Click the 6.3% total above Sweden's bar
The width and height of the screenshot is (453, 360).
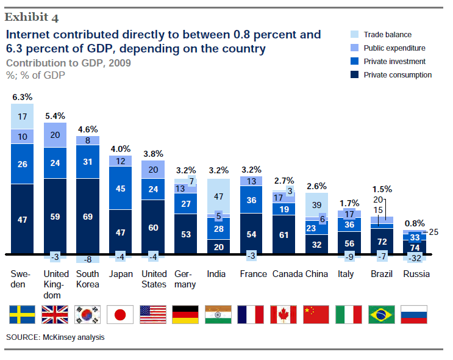pyautogui.click(x=22, y=97)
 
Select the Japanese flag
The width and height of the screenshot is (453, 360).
pyautogui.click(x=120, y=314)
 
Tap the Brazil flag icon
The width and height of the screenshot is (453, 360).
pyautogui.click(x=382, y=314)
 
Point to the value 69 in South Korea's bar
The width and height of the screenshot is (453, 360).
pyautogui.click(x=87, y=217)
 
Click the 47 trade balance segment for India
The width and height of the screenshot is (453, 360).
pyautogui.click(x=218, y=196)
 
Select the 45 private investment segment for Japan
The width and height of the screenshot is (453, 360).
pyautogui.click(x=120, y=189)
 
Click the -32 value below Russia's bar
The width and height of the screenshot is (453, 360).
pyautogui.click(x=415, y=258)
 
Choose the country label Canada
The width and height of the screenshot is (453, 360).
pyautogui.click(x=284, y=274)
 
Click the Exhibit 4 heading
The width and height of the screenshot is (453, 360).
pyautogui.click(x=33, y=16)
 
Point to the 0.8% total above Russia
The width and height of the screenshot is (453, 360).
pyautogui.click(x=415, y=224)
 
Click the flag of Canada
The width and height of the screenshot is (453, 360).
pyautogui.click(x=284, y=314)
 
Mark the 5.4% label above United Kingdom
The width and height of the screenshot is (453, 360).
pyautogui.click(x=55, y=115)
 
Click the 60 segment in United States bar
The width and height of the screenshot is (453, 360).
pyautogui.click(x=153, y=228)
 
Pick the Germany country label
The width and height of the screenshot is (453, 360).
pyautogui.click(x=185, y=279)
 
